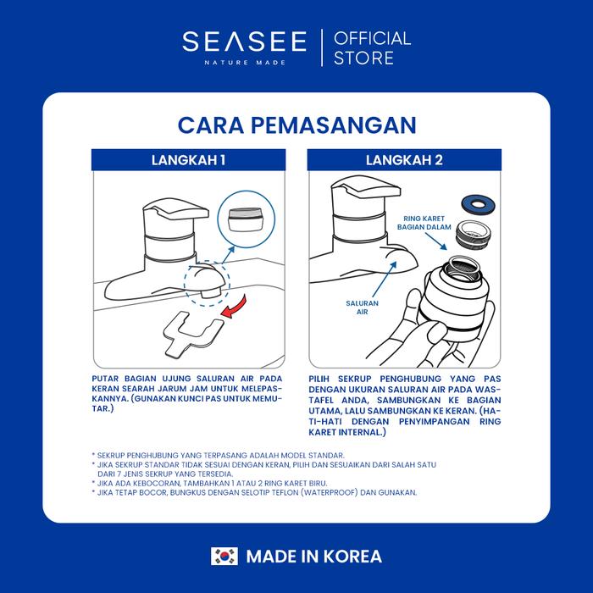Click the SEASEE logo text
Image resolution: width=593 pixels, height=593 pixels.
coord(244,42)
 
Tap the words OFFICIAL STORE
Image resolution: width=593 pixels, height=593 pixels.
coord(372,48)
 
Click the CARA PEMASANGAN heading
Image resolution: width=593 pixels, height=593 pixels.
coord(296,125)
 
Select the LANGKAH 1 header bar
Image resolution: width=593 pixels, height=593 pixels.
coord(188,160)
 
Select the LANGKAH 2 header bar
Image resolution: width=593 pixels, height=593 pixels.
coord(404,160)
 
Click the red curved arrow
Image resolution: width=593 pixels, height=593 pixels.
coord(236,307)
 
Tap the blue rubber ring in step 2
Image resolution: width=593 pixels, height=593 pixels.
coord(478,205)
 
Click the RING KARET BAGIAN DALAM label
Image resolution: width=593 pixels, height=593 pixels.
coord(424,223)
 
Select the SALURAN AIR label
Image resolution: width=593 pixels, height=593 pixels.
coord(362,308)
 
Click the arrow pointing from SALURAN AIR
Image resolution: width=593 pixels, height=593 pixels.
coord(385,279)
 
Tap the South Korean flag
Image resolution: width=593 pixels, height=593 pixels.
coord(224,557)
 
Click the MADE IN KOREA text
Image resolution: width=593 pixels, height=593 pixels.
coord(314,557)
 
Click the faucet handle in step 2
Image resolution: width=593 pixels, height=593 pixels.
coord(365,186)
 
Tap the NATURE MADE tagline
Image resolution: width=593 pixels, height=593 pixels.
coord(245,63)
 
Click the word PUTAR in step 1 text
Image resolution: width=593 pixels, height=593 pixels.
coord(105,379)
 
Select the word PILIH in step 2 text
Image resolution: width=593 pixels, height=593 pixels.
coord(319,379)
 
